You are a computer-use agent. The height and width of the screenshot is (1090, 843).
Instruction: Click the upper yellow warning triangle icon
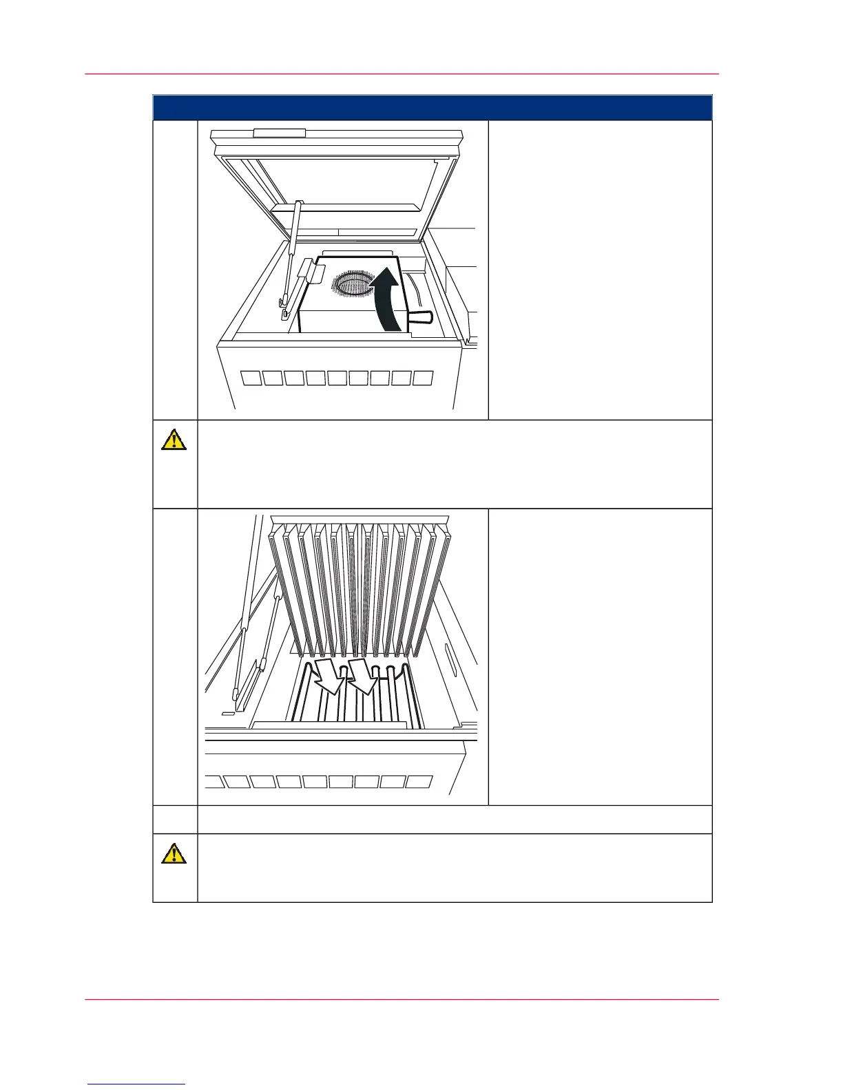click(x=174, y=439)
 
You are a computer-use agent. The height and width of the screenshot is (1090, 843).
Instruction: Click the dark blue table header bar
click(x=432, y=107)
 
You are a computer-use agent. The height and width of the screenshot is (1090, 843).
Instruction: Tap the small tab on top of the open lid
click(x=279, y=133)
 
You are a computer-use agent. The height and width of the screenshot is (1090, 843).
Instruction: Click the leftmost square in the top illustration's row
click(x=251, y=378)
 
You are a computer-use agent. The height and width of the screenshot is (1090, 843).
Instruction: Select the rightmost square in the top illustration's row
click(x=422, y=378)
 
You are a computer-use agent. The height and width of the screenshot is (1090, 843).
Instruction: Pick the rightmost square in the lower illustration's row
click(x=419, y=782)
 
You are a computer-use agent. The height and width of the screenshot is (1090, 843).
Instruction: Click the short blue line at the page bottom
click(x=136, y=1084)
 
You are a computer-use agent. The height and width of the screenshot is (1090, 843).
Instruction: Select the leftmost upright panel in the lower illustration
click(x=282, y=592)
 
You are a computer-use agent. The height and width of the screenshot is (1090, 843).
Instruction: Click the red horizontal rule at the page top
click(x=402, y=74)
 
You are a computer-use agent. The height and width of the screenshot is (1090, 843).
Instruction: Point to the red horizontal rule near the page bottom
click(x=402, y=999)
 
